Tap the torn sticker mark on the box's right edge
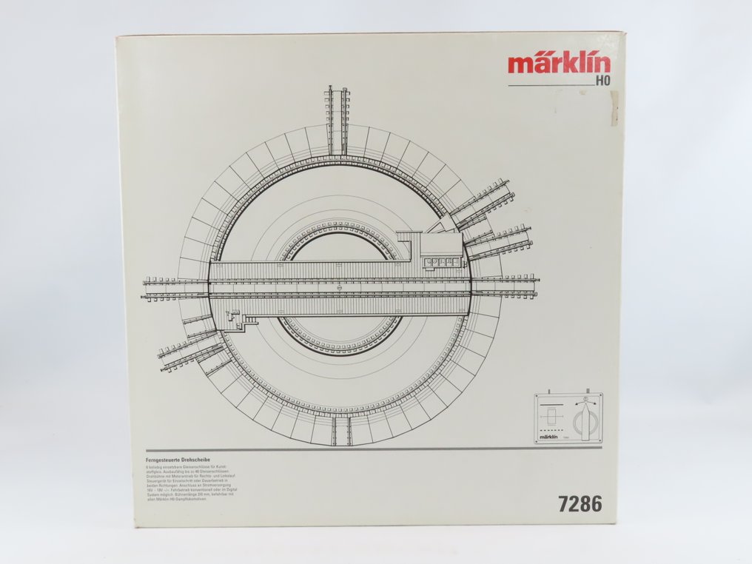coord(614,107)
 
